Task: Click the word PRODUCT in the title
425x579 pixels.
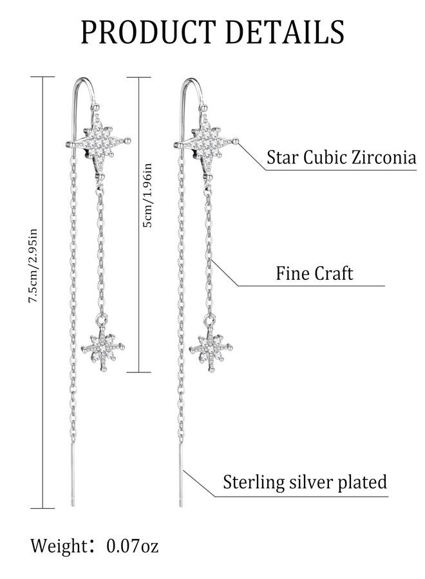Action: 148,32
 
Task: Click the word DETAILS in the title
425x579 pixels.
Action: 285,32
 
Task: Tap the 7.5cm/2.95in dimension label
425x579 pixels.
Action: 33,266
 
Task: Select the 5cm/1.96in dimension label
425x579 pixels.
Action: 147,196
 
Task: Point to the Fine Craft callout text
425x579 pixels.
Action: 314,273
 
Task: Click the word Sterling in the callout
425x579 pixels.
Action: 254,482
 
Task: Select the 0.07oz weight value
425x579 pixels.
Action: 133,546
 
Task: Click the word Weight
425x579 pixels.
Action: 58,546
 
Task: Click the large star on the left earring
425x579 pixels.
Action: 99,140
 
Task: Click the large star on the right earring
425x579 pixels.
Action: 206,140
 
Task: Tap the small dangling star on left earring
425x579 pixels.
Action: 103,347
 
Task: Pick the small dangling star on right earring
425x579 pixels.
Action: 211,348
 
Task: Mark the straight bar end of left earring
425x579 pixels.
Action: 72,475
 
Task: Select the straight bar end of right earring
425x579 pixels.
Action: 180,475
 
